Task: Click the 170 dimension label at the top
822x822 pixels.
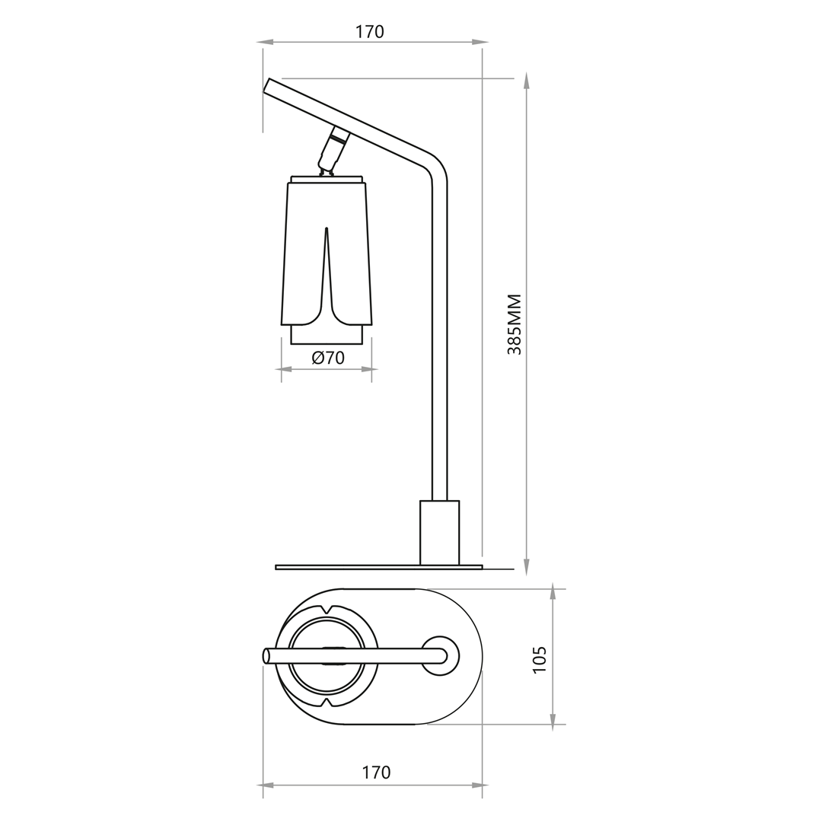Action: (373, 31)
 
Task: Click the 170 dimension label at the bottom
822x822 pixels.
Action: (376, 772)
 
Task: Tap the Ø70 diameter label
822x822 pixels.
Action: (328, 357)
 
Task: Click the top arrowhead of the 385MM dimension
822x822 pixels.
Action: (526, 81)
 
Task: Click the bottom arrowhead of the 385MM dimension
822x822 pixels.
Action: (526, 568)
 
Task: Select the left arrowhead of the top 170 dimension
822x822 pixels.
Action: (265, 42)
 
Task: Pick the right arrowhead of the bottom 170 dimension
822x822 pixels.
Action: (480, 785)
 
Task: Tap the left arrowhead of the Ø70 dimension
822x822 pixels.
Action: (283, 369)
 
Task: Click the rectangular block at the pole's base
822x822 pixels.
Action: (439, 533)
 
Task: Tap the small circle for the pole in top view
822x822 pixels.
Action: (439, 655)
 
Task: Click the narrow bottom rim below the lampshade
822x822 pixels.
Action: (327, 334)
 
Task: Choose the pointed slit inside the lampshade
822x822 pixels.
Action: (327, 259)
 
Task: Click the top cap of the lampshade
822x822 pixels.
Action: (327, 180)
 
